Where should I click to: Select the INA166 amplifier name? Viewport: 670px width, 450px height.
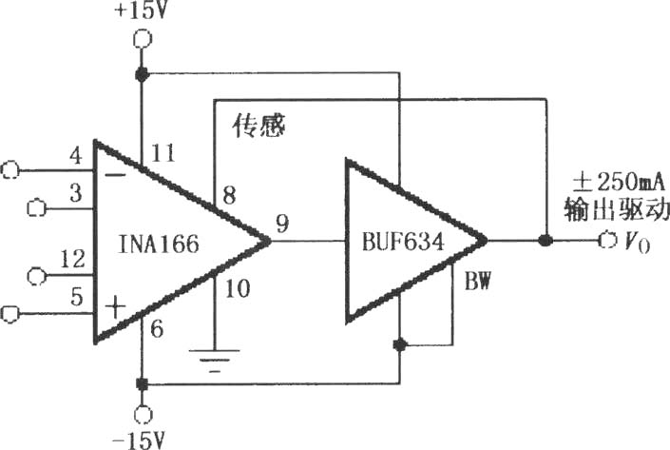pos(159,244)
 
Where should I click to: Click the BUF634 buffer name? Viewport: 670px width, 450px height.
pos(403,242)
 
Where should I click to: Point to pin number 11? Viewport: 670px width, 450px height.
pos(163,153)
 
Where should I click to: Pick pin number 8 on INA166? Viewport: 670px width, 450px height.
pos(229,195)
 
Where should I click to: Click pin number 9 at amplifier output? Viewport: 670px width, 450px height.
pos(282,224)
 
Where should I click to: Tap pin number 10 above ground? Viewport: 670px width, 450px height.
pos(238,288)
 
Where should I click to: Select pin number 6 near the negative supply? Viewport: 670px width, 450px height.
pos(157,329)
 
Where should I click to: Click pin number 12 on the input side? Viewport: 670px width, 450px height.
pos(72,259)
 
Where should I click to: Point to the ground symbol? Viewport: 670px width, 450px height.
pos(215,361)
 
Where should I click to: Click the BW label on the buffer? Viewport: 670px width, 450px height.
pos(477,282)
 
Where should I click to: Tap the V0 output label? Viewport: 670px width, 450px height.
pos(637,243)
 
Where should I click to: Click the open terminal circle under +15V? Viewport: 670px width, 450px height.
pos(142,39)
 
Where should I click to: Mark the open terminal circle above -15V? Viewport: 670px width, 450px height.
pos(143,415)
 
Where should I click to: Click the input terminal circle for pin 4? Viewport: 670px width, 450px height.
pos(10,170)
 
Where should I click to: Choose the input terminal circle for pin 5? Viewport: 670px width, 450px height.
pos(10,314)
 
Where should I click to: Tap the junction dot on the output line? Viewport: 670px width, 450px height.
pos(545,241)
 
